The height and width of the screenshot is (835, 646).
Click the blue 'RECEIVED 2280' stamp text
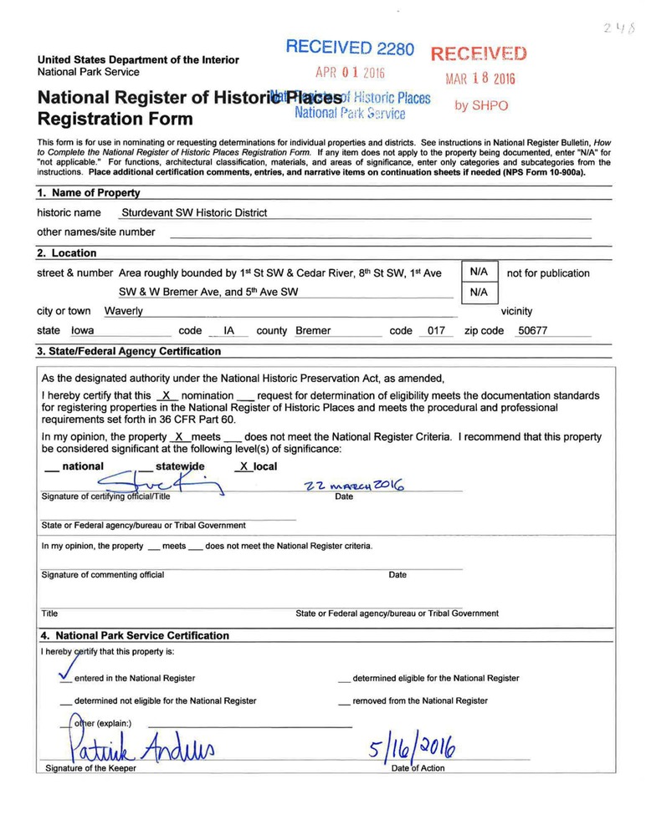click(350, 48)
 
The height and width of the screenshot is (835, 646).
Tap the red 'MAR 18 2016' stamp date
click(480, 79)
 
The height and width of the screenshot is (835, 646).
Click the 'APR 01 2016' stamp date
click(350, 72)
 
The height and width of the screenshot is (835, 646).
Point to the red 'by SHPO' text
click(481, 106)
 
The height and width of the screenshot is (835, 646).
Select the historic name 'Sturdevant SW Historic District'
click(193, 213)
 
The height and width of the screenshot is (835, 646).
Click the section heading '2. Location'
click(67, 253)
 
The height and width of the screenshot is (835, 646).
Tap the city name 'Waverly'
click(123, 311)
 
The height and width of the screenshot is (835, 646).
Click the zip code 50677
click(532, 331)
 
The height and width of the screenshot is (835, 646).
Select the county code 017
click(435, 331)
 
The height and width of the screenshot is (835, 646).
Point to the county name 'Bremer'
click(313, 331)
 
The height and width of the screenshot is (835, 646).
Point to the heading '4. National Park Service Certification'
click(133, 636)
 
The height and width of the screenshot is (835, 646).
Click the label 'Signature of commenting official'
click(102, 575)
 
